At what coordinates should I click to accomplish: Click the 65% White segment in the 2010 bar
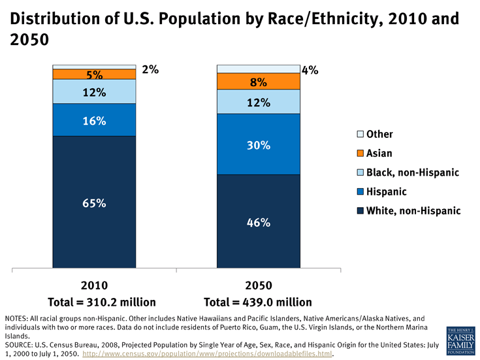(x=94, y=203)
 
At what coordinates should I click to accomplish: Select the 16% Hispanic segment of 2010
(x=94, y=120)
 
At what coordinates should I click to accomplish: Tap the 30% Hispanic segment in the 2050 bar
(x=258, y=144)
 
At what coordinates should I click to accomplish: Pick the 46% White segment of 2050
(x=258, y=221)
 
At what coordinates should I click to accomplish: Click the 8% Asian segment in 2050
(x=258, y=82)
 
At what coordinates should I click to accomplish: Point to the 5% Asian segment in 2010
(x=94, y=74)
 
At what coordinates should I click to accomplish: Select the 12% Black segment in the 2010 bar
(x=94, y=92)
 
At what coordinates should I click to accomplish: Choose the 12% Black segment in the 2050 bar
(x=258, y=102)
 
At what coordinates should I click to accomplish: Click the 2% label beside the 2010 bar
(x=150, y=69)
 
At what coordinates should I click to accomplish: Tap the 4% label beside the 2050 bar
(x=310, y=69)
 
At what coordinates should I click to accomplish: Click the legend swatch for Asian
(x=359, y=154)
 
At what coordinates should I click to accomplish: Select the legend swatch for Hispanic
(x=359, y=192)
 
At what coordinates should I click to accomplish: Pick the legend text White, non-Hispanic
(x=413, y=211)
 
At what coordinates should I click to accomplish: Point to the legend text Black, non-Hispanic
(x=413, y=172)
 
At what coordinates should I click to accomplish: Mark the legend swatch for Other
(x=359, y=135)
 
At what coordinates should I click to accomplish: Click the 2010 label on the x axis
(x=94, y=286)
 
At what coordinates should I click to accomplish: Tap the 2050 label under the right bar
(x=258, y=286)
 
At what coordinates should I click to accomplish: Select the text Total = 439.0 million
(x=258, y=302)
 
